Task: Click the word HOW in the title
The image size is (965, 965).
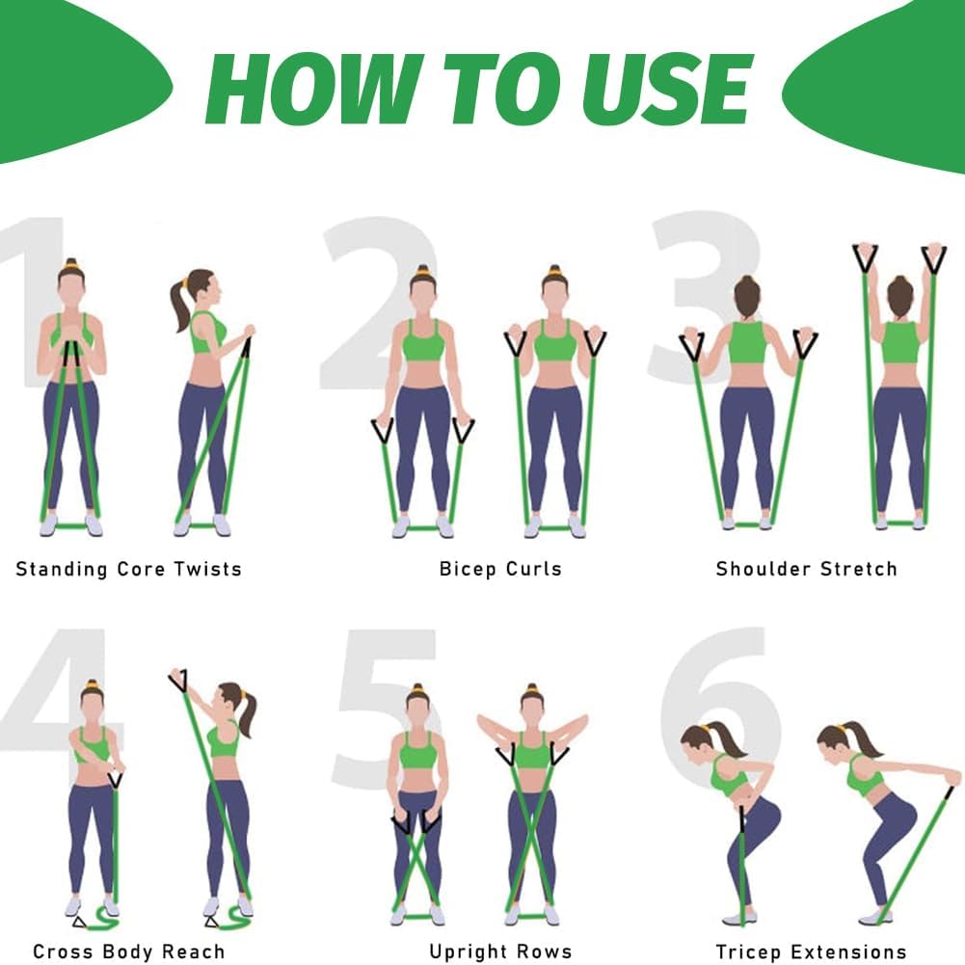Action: pyautogui.click(x=314, y=90)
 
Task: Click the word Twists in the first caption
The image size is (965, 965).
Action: pyautogui.click(x=207, y=569)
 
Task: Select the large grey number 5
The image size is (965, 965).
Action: pyautogui.click(x=385, y=708)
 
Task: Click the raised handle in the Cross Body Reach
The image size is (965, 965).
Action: pyautogui.click(x=177, y=680)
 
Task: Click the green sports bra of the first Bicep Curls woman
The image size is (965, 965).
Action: pyautogui.click(x=423, y=340)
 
